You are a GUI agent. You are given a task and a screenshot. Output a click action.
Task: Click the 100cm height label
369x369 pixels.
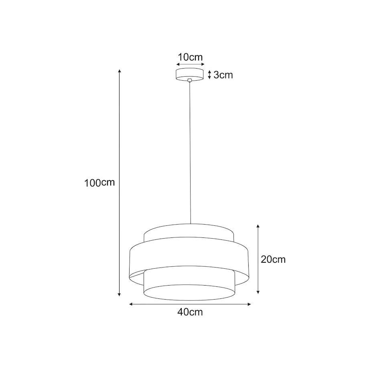tap(99, 183)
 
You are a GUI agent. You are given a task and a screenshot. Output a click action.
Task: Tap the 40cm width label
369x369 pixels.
tap(190, 312)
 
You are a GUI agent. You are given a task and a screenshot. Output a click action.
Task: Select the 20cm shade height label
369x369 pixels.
tap(273, 260)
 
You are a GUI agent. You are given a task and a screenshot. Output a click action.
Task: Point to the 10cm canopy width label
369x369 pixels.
tap(190, 57)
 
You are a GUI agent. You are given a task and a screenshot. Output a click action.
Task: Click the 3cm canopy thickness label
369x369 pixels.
tap(223, 75)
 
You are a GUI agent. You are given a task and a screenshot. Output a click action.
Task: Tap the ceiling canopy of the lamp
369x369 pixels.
tap(190, 74)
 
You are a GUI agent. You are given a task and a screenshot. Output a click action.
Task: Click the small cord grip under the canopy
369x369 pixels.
tap(190, 81)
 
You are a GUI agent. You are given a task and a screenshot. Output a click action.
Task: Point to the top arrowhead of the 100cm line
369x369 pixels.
tap(119, 71)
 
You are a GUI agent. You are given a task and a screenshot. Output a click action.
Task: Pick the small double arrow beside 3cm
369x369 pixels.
tap(209, 75)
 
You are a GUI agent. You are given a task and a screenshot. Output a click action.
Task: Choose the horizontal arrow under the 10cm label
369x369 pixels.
tap(190, 64)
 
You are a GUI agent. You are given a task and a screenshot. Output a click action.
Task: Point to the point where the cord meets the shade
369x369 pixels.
tap(190, 224)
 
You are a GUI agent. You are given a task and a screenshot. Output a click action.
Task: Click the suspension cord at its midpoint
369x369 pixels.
tap(190, 152)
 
